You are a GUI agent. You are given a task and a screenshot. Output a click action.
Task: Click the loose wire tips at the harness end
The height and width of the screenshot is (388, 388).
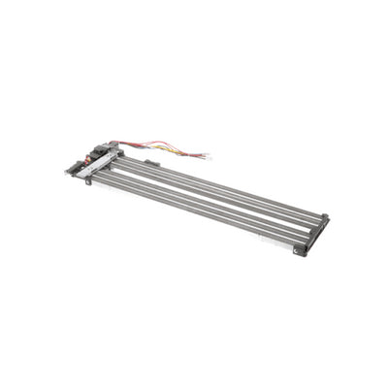tap(206, 155)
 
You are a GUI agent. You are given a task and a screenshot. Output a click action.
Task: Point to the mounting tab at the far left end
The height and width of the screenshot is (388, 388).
tap(70, 170)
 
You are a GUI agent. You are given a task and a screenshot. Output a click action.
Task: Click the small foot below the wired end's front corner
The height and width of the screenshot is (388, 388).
tap(88, 181)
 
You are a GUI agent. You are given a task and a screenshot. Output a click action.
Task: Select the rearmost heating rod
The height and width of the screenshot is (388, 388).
tap(223, 187)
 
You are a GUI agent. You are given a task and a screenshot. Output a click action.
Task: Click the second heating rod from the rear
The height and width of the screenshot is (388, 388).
tap(218, 193)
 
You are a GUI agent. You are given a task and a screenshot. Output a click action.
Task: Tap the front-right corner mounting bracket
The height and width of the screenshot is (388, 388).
tap(301, 250)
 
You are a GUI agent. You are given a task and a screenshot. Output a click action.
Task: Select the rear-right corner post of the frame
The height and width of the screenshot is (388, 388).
tap(325, 217)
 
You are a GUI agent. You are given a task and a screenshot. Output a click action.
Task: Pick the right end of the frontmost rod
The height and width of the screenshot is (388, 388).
tap(291, 240)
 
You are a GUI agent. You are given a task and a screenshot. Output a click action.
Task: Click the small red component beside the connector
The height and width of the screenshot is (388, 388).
tap(92, 155)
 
